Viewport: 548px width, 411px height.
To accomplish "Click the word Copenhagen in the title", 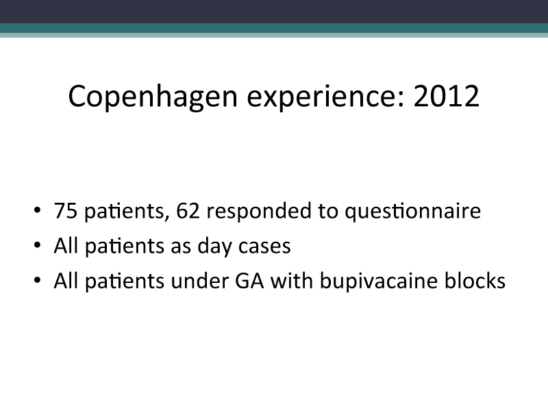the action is click(x=153, y=97).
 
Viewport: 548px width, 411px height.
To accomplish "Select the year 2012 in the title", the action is click(x=447, y=96).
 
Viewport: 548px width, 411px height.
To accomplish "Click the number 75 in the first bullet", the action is click(x=66, y=210).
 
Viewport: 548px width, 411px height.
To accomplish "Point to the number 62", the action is click(x=188, y=210).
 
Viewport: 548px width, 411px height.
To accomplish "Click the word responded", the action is click(x=259, y=212).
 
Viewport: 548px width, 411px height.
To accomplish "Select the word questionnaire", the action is click(x=413, y=212).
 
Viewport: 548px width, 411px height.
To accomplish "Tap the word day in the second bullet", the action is click(x=214, y=247).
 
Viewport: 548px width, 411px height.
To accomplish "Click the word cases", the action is click(x=264, y=247).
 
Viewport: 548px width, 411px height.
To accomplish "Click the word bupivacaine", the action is click(x=379, y=282).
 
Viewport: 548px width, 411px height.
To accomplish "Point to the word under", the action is click(x=199, y=280).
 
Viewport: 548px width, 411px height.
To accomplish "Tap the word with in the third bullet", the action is click(x=292, y=280).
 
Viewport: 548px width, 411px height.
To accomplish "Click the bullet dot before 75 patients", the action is click(x=38, y=210).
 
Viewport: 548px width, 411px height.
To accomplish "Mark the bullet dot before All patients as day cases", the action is click(x=38, y=245).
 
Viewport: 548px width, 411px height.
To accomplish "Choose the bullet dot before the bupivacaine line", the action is click(x=38, y=280).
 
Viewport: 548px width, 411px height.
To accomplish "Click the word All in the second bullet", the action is click(x=66, y=245).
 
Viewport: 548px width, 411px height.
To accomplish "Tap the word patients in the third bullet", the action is click(x=125, y=282).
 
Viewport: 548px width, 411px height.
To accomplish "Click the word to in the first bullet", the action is click(x=328, y=211).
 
